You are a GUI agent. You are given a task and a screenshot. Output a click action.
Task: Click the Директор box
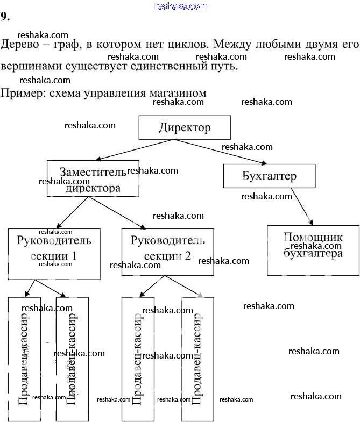tap(185, 127)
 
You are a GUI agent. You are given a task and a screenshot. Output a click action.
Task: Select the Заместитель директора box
tap(93, 178)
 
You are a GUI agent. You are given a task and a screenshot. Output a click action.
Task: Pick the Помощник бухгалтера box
tap(313, 250)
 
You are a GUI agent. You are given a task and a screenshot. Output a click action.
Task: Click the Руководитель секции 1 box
tap(54, 254)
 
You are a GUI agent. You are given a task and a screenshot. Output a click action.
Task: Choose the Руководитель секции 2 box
tap(167, 252)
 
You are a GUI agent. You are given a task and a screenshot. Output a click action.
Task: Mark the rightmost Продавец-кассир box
tap(197, 359)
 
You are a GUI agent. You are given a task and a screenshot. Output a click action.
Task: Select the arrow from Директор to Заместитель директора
tap(135, 149)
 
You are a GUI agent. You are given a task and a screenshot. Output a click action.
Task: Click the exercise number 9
tap(5, 17)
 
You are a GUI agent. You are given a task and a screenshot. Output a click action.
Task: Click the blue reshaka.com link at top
tap(180, 6)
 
